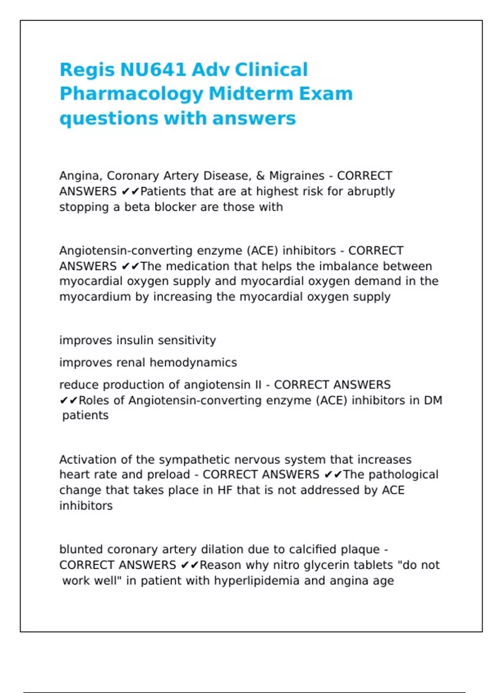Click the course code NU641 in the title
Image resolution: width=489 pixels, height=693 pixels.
pyautogui.click(x=153, y=70)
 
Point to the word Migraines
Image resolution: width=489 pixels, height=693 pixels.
pyautogui.click(x=297, y=176)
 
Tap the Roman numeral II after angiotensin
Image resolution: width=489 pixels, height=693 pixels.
pyautogui.click(x=258, y=384)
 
